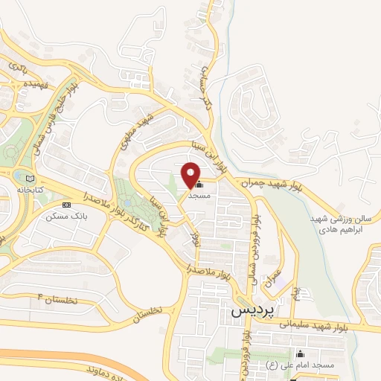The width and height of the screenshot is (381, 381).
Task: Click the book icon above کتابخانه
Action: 31,179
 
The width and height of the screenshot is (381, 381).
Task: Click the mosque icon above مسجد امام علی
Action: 299,354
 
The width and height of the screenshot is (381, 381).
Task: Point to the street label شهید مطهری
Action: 139,126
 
